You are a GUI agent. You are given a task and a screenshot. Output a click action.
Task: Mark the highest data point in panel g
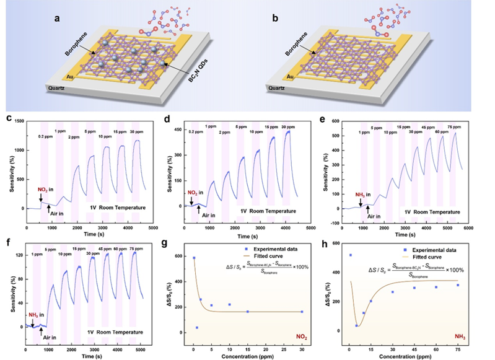click(x=194, y=258)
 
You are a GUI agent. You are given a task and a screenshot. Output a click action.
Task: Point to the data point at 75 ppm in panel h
click(x=475, y=285)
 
